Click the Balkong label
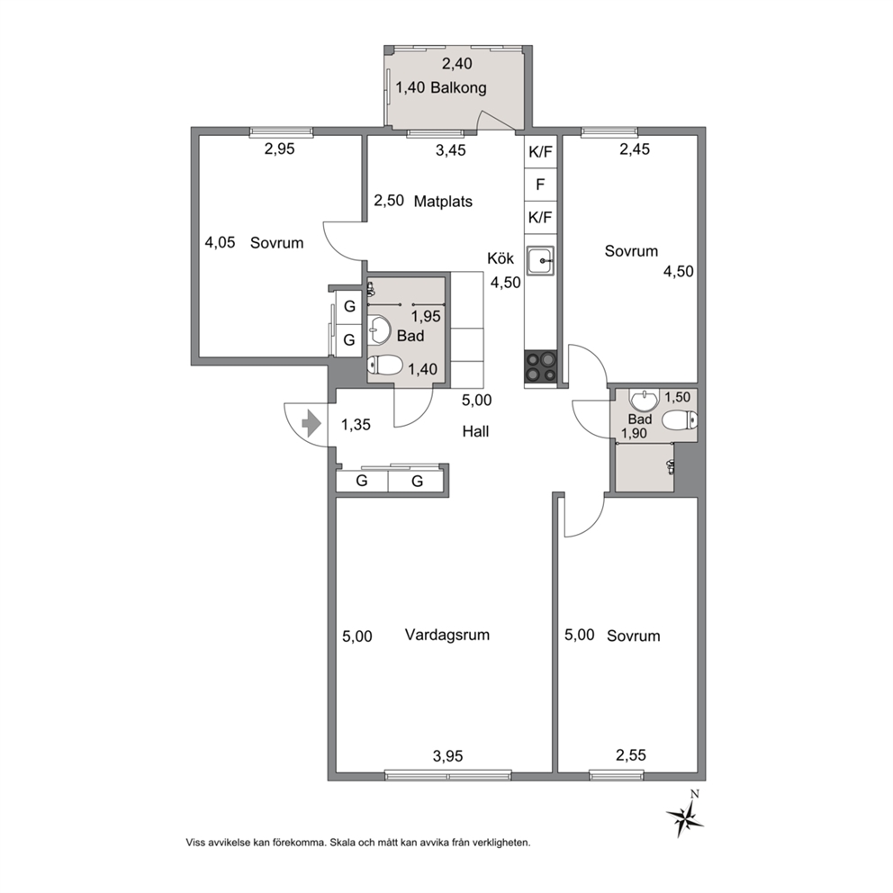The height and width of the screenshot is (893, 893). pyautogui.click(x=458, y=87)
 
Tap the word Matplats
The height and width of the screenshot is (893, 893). pyautogui.click(x=443, y=201)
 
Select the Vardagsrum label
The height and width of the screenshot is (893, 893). pyautogui.click(x=447, y=635)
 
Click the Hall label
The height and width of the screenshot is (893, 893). pyautogui.click(x=475, y=431)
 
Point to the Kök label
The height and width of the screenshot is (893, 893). pyautogui.click(x=501, y=258)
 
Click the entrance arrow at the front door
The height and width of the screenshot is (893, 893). pyautogui.click(x=311, y=424)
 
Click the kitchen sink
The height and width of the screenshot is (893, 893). pyautogui.click(x=540, y=261)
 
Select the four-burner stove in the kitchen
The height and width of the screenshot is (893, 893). pyautogui.click(x=540, y=366)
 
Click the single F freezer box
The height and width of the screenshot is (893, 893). pyautogui.click(x=540, y=185)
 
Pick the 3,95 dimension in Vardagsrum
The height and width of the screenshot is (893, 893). pyautogui.click(x=447, y=756)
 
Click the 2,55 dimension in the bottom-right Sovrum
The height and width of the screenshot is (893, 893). pyautogui.click(x=631, y=755)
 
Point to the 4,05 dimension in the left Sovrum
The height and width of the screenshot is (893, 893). pyautogui.click(x=220, y=243)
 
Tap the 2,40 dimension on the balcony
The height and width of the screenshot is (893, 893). pyautogui.click(x=456, y=63)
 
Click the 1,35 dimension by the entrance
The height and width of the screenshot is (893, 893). pyautogui.click(x=356, y=424)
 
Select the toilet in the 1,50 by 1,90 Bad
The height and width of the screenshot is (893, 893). pyautogui.click(x=681, y=420)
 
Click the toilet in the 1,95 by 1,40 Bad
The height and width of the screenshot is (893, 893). pyautogui.click(x=385, y=365)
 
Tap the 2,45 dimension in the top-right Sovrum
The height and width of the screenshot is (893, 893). pyautogui.click(x=635, y=149)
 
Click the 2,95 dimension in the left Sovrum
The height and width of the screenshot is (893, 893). pyautogui.click(x=280, y=149)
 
